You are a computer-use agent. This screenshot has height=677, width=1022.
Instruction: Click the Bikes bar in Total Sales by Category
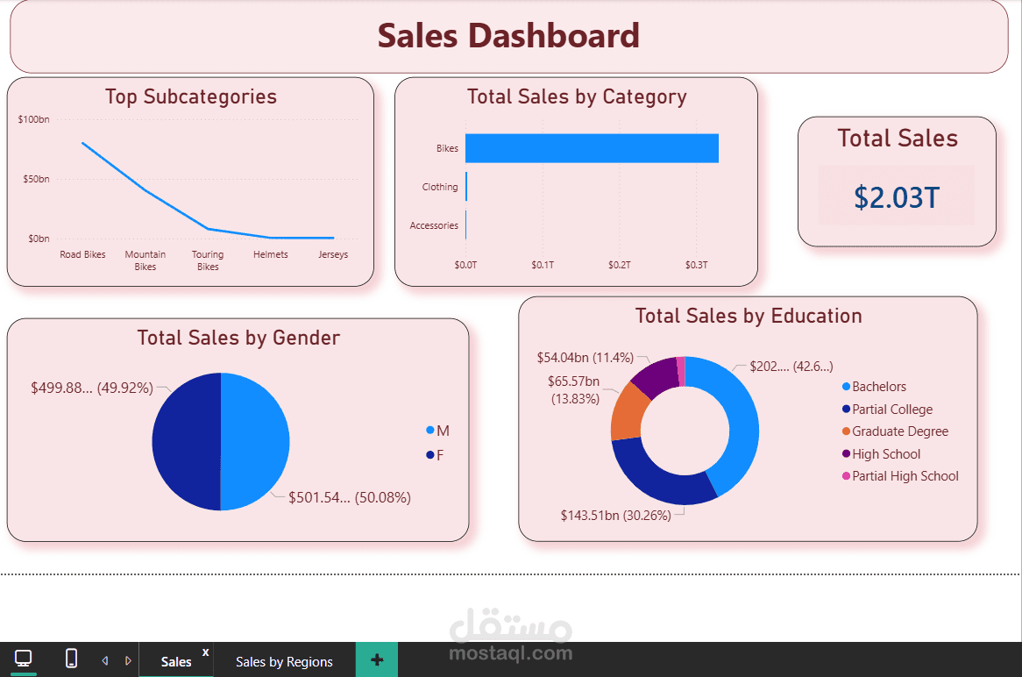[592, 148]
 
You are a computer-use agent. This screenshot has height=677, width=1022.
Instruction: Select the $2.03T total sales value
[896, 197]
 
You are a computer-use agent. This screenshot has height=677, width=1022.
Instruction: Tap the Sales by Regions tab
[284, 661]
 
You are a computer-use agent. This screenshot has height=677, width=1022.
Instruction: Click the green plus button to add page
[377, 659]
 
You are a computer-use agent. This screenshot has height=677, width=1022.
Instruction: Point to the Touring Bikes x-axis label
[208, 260]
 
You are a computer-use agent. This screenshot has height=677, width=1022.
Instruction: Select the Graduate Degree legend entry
[899, 431]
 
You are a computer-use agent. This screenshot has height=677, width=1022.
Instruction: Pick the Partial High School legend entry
[905, 476]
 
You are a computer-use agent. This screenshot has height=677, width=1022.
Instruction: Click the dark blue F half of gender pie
[185, 441]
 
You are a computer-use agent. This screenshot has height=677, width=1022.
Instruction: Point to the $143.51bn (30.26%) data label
[615, 516]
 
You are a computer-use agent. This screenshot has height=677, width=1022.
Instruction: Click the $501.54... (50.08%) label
[349, 498]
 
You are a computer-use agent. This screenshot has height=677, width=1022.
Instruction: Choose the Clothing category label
[439, 187]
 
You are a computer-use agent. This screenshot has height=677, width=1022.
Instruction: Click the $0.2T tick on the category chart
[619, 264]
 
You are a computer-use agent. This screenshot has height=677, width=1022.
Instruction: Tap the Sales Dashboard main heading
[508, 36]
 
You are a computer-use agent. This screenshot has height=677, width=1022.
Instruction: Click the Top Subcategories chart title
[190, 96]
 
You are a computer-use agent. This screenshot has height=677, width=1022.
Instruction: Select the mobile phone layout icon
[71, 658]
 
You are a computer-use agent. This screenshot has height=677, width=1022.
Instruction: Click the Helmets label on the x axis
[270, 254]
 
